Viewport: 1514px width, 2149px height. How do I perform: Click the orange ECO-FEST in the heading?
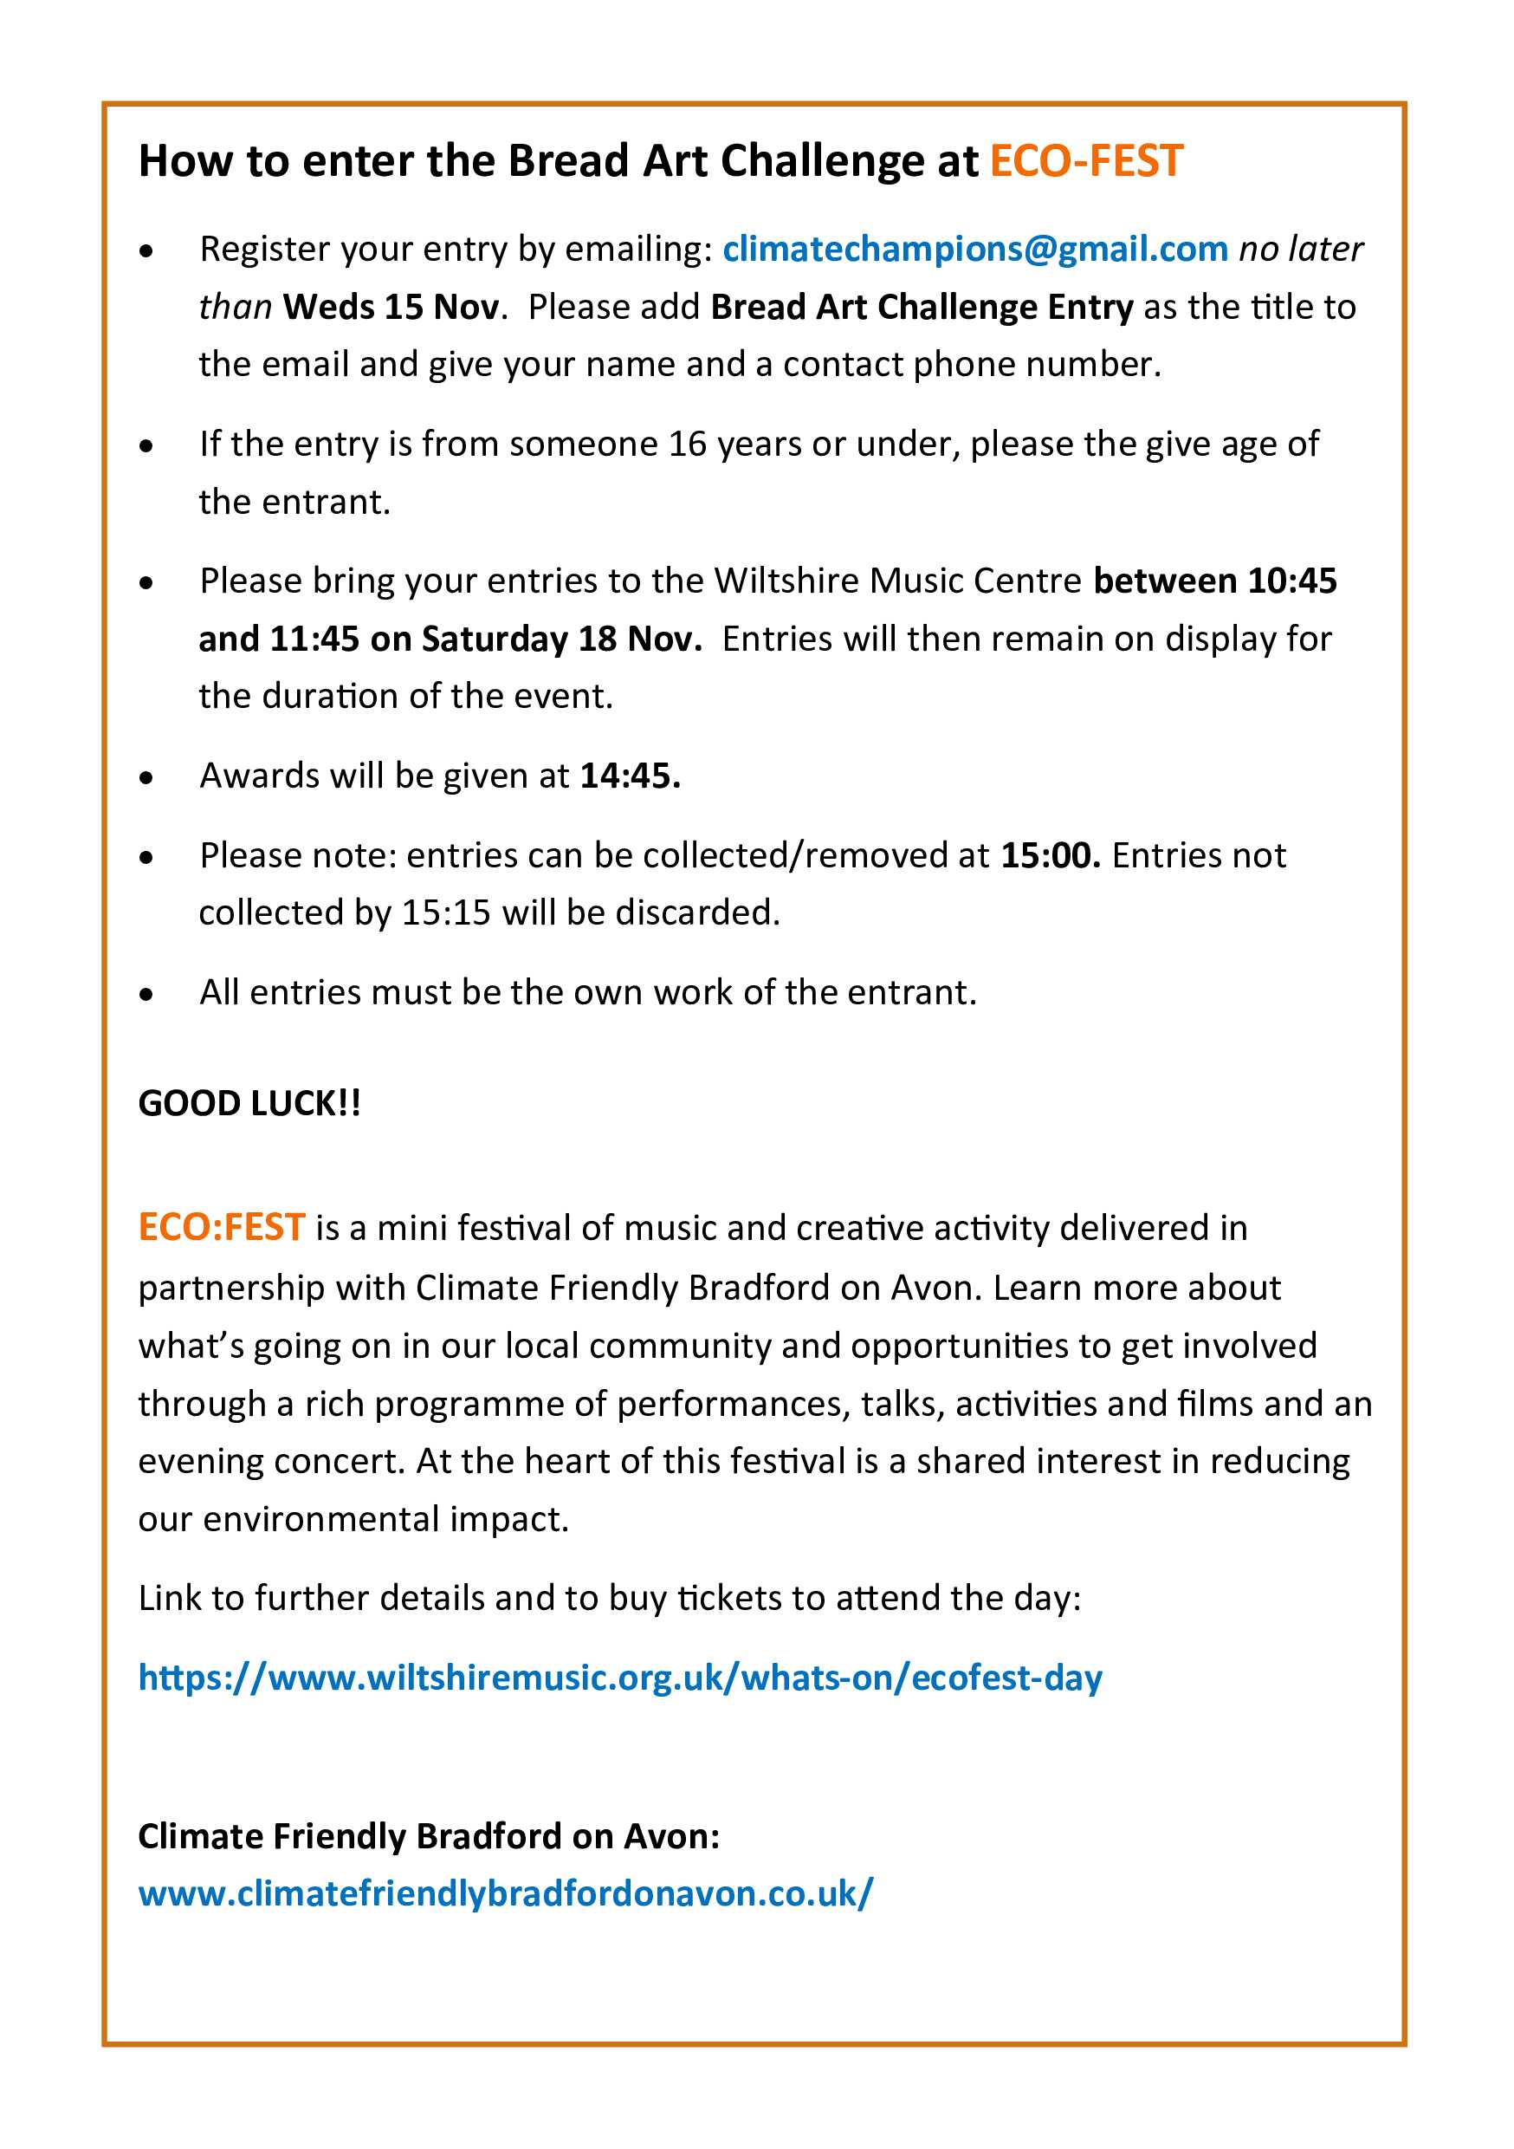click(x=1086, y=161)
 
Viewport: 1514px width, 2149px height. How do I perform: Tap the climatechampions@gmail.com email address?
click(x=975, y=249)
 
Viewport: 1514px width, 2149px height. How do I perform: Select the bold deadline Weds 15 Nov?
click(x=391, y=307)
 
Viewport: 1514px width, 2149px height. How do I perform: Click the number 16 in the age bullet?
click(x=687, y=444)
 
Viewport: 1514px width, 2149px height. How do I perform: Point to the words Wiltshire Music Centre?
click(x=897, y=581)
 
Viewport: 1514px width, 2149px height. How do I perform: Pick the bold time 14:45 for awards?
click(x=630, y=776)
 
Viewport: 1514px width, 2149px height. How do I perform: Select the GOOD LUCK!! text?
click(x=249, y=1103)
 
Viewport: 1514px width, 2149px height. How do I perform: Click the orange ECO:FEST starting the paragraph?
click(x=222, y=1227)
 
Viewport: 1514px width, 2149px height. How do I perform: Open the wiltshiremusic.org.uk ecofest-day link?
click(x=619, y=1678)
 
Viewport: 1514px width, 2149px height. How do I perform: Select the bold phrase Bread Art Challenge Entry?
click(x=922, y=307)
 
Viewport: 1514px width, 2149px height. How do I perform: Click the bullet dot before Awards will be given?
click(x=146, y=778)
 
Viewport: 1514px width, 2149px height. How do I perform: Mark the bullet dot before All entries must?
click(x=146, y=994)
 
